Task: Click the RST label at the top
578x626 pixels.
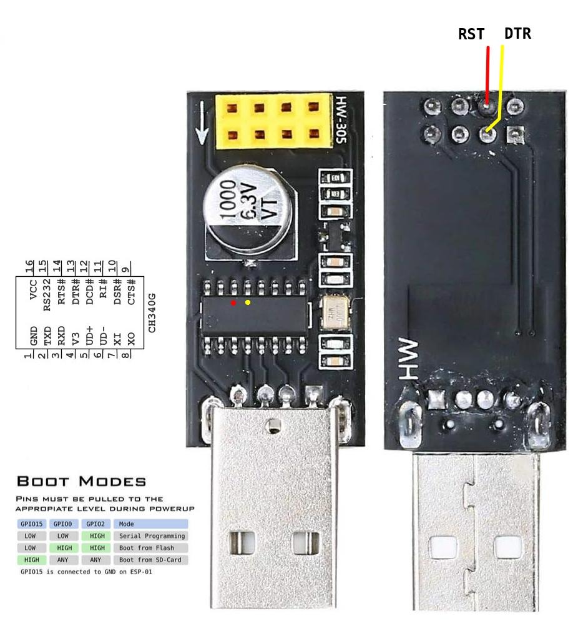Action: pos(471,34)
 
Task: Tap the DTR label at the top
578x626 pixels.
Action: pos(517,34)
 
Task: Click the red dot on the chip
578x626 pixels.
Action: pos(233,303)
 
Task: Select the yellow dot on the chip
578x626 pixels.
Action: pos(248,303)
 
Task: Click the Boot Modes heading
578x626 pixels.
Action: pos(81,482)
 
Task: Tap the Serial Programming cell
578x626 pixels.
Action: pos(152,536)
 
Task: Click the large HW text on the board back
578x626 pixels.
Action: pos(408,360)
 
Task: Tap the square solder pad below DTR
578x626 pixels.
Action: pos(514,133)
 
